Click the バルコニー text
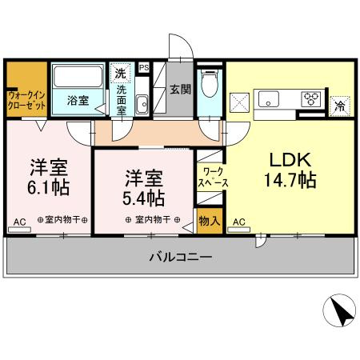click(x=180, y=258)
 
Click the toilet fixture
click(x=210, y=84)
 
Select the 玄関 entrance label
click(x=180, y=90)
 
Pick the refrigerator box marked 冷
click(x=339, y=104)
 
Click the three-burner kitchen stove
click(x=310, y=98)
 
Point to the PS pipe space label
click(x=145, y=68)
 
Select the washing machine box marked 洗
click(x=120, y=73)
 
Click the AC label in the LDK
click(x=238, y=222)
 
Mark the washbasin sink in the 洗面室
click(x=141, y=104)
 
